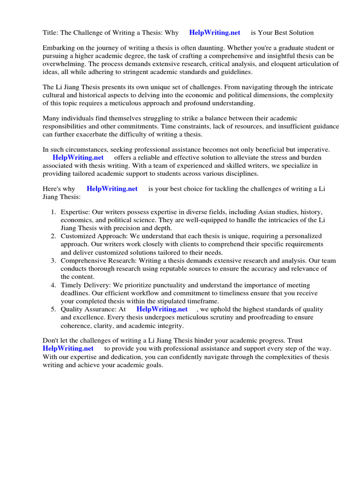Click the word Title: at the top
(x=50, y=33)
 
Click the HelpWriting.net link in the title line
(x=215, y=33)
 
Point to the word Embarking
(x=58, y=48)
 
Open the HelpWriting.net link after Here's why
(x=112, y=189)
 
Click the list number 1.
(x=53, y=212)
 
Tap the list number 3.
(x=53, y=261)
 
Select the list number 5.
(x=53, y=309)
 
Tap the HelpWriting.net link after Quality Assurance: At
(x=162, y=309)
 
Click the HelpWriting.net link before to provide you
(x=68, y=349)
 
